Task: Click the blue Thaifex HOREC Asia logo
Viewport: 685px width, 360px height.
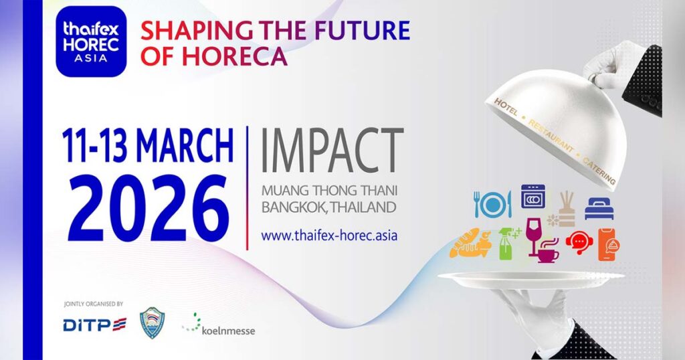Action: [91, 41]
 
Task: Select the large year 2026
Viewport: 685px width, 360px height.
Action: [148, 208]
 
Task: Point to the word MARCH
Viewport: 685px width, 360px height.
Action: [185, 145]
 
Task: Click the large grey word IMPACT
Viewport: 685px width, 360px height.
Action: [332, 151]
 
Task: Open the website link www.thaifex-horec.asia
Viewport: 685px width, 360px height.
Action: [329, 236]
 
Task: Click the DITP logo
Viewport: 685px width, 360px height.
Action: [95, 325]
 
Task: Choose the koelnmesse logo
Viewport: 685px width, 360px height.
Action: [219, 325]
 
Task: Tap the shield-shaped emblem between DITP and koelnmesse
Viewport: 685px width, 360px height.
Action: [152, 323]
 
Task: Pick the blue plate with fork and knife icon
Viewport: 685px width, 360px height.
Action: [492, 204]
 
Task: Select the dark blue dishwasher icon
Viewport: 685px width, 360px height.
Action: [533, 197]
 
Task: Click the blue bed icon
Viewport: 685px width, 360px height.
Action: [599, 208]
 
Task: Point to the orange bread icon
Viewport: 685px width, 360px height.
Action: [470, 243]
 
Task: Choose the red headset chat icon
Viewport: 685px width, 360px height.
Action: [579, 242]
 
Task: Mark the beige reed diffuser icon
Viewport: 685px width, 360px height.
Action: [563, 209]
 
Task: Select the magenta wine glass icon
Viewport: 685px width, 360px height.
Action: [533, 236]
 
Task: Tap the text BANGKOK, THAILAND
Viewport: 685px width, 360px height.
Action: [329, 207]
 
